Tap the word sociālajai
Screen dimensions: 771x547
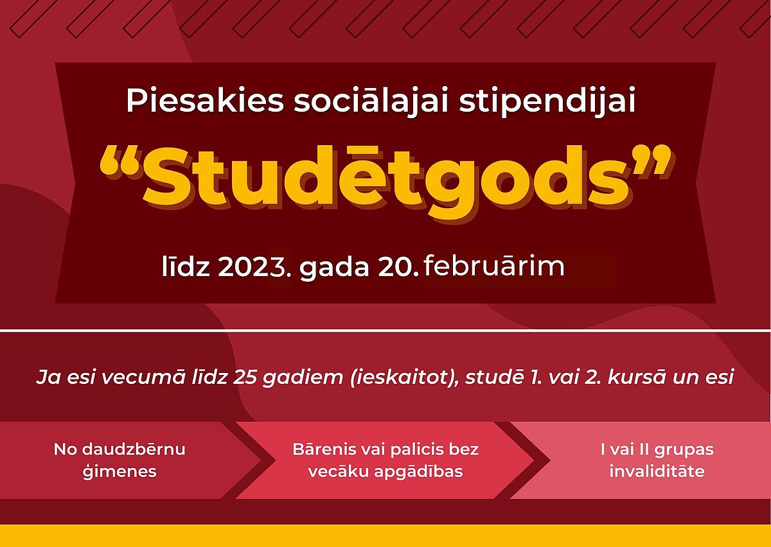coord(371,102)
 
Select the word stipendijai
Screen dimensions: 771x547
coord(547,102)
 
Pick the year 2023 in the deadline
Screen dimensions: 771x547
coord(253,266)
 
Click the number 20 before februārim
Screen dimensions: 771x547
coord(396,266)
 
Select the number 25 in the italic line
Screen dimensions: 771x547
coord(245,378)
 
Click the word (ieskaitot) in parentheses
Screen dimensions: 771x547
coord(405,378)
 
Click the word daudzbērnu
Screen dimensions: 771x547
coord(134,449)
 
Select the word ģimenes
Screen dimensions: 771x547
coord(120,472)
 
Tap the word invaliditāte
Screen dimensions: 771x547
coord(657,471)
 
